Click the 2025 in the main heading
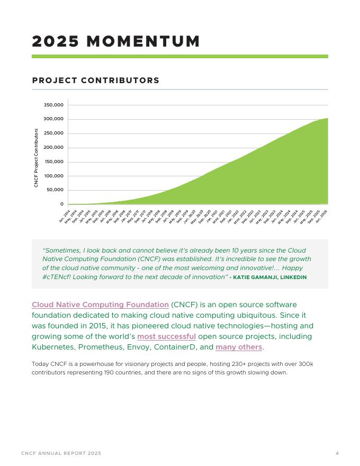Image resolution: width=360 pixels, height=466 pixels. [56, 41]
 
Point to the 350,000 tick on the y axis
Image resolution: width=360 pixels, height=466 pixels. [53, 105]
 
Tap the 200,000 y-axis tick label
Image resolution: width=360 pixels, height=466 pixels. [53, 147]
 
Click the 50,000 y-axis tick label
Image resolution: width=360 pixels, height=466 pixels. [55, 190]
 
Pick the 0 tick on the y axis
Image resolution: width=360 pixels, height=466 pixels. [61, 204]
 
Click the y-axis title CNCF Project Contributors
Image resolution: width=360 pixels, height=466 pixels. [37, 158]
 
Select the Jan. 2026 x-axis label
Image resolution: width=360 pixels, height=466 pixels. [322, 216]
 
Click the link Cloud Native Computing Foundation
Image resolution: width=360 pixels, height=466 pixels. [100, 304]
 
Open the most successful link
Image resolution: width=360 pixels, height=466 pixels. [166, 336]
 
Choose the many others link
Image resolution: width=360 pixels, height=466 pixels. [238, 347]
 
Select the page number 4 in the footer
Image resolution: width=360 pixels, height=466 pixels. [337, 453]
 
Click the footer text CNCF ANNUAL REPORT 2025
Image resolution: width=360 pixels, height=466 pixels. [61, 453]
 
